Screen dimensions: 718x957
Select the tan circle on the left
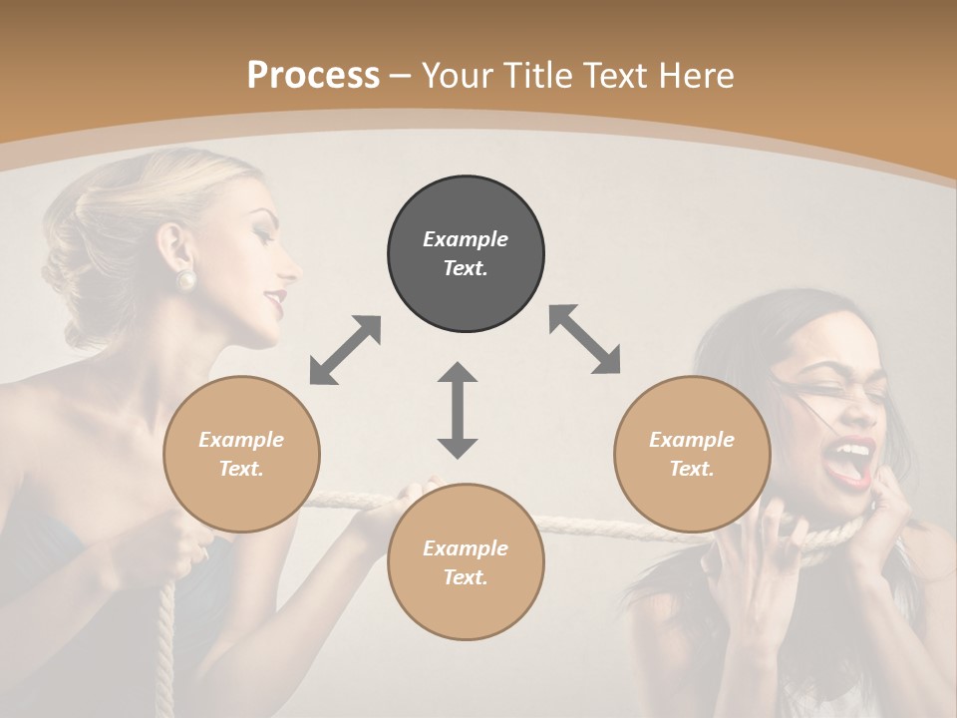click(x=241, y=454)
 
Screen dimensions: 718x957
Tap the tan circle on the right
click(x=692, y=454)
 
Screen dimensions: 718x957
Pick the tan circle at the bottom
click(x=466, y=562)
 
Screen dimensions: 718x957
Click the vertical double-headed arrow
click(x=458, y=410)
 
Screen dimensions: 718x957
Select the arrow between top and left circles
click(x=345, y=350)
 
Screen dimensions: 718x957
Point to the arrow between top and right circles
click(x=585, y=339)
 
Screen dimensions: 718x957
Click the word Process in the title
click(x=313, y=75)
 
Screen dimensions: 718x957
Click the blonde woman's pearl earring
click(x=186, y=279)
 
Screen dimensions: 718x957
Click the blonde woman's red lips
click(x=277, y=296)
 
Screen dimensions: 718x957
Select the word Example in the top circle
click(x=466, y=239)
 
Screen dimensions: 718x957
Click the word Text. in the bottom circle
click(x=466, y=577)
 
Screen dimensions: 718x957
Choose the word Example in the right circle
click(x=692, y=440)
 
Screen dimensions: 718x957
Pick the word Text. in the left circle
click(x=241, y=469)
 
